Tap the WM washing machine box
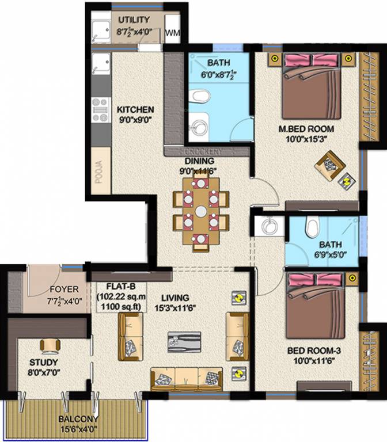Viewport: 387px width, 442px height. [x=172, y=34]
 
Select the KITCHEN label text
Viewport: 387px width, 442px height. [x=135, y=109]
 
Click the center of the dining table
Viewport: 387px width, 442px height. [x=200, y=212]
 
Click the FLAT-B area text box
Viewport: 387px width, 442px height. [x=122, y=296]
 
